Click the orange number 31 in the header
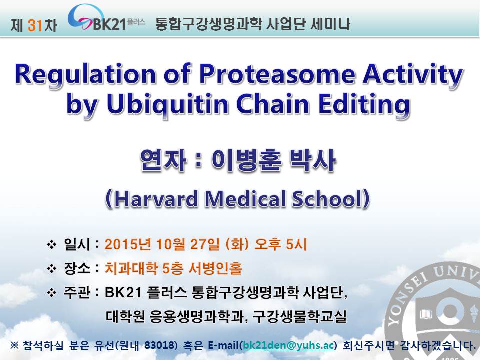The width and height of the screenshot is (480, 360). [34, 25]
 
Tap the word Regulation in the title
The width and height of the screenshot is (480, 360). [85, 75]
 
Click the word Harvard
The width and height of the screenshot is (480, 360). [156, 199]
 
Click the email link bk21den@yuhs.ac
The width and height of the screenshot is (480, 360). [288, 345]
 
